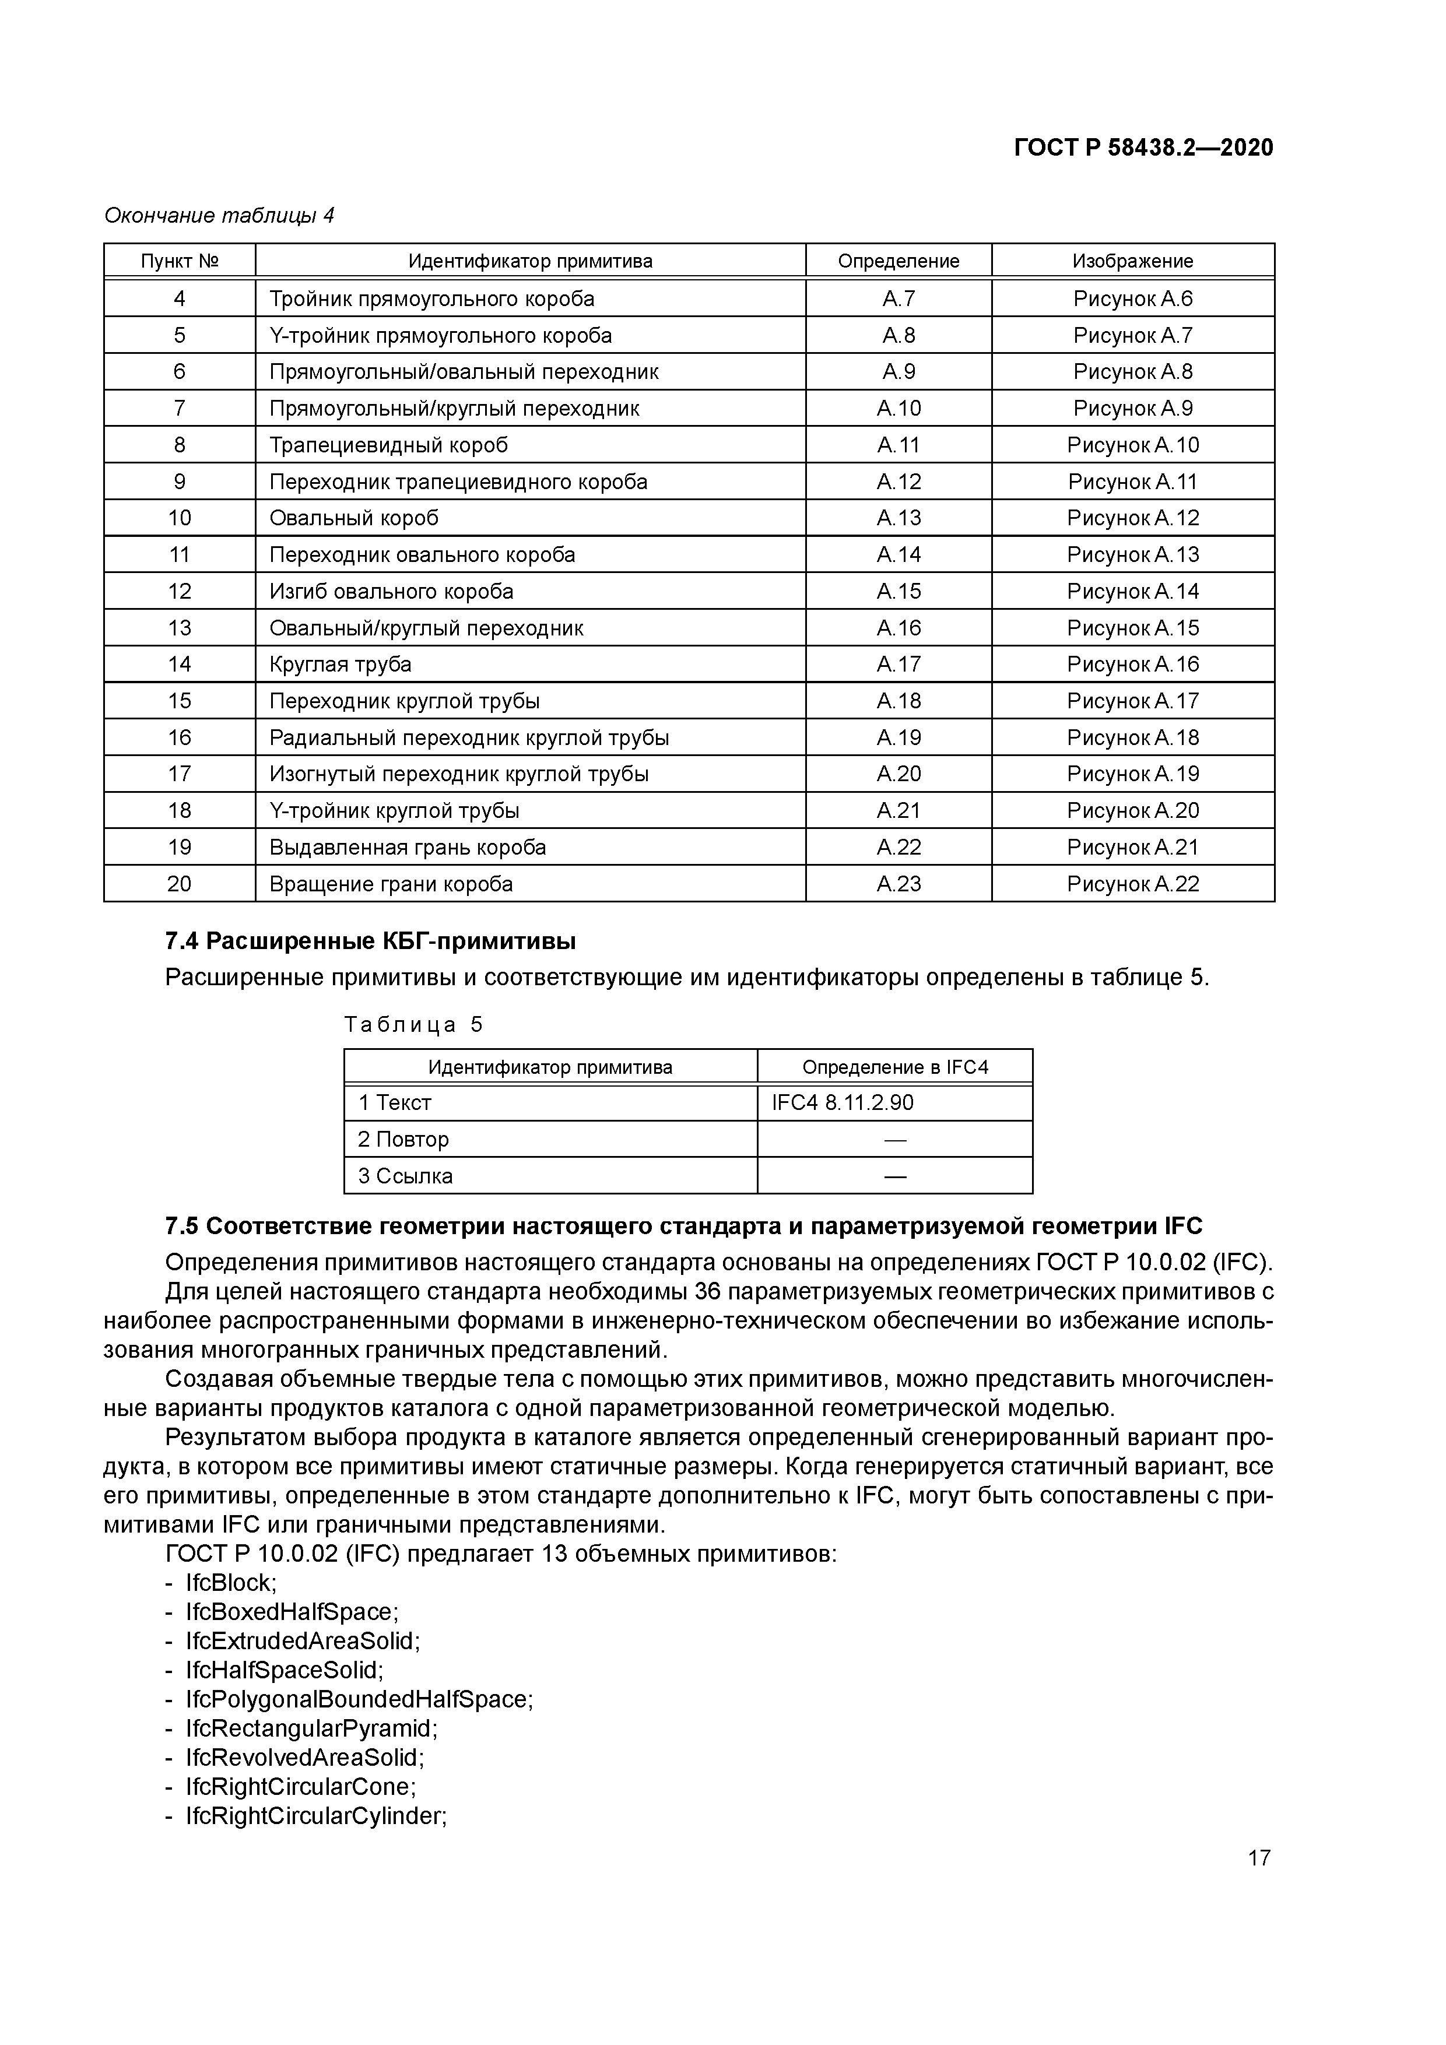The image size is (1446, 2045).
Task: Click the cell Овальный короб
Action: coord(354,518)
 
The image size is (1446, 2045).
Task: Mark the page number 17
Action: coord(1259,1858)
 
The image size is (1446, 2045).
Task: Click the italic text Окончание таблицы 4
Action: coord(219,216)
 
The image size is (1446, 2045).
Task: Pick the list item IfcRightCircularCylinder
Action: coord(315,1816)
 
